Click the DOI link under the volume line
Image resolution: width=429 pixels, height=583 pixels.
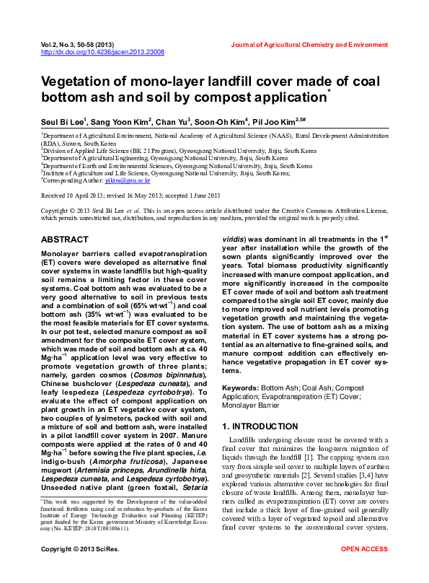(x=102, y=53)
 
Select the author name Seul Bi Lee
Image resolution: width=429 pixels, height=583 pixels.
(x=62, y=121)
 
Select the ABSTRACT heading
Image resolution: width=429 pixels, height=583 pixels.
(x=65, y=239)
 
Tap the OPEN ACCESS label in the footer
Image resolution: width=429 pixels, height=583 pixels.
(x=364, y=570)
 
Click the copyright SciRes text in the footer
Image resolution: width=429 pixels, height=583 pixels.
(x=74, y=570)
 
